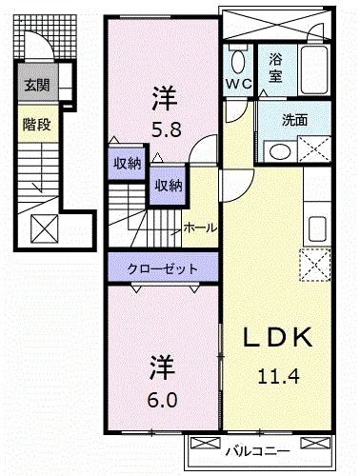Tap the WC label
click(238, 82)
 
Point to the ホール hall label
click(198, 228)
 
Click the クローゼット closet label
click(163, 269)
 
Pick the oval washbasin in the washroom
click(278, 151)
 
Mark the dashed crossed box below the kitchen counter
click(314, 263)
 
